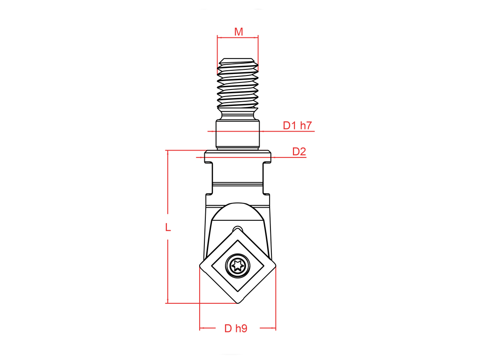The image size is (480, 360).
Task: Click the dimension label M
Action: tap(239, 31)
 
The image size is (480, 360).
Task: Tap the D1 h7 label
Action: tap(297, 125)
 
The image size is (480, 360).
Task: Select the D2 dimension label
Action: tap(299, 151)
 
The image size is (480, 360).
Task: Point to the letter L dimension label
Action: tap(168, 227)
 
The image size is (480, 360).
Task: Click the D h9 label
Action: tap(236, 328)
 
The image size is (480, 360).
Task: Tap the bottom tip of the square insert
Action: tap(238, 303)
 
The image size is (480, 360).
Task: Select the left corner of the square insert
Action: tap(200, 265)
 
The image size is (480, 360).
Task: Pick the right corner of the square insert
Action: tap(275, 265)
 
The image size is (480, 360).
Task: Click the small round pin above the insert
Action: tap(238, 228)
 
